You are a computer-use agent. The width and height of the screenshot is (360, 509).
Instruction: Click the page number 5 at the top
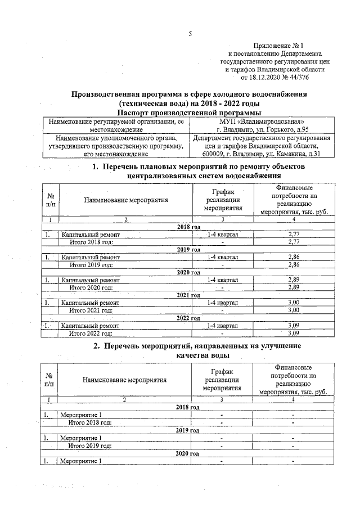[x=190, y=34]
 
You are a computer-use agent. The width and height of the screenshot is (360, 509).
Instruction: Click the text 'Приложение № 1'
[x=278, y=45]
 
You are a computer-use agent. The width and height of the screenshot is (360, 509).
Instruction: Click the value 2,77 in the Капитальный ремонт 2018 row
[x=292, y=234]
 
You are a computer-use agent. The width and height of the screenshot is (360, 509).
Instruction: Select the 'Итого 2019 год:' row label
[x=91, y=264]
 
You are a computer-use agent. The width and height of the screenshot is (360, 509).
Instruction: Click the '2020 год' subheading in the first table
[x=188, y=272]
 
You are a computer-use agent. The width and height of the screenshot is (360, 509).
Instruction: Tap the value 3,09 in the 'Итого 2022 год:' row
[x=292, y=333]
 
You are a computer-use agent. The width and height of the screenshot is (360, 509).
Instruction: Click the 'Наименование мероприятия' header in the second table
[x=125, y=380]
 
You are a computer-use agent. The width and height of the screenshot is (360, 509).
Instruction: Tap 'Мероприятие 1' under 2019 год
[x=80, y=438]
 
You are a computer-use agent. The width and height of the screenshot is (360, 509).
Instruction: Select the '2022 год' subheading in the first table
[x=188, y=318]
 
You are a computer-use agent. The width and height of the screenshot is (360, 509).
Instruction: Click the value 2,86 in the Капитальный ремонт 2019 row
[x=292, y=257]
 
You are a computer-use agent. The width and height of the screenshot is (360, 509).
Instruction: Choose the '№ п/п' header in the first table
[x=51, y=200]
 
